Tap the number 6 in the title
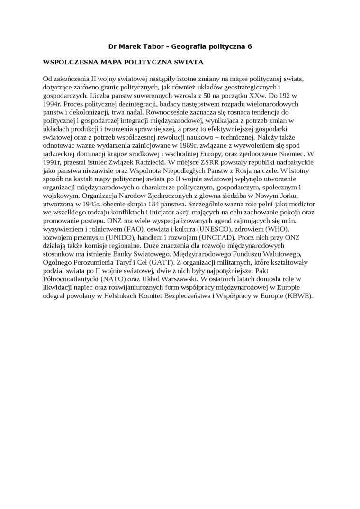[250, 46]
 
